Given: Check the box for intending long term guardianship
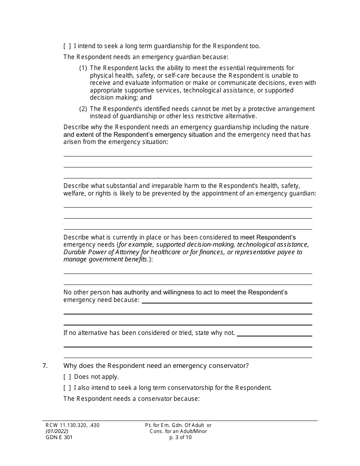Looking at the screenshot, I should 67,46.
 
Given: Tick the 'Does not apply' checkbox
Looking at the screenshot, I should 67,377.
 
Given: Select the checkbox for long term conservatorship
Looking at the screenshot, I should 67,388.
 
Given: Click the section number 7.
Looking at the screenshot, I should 45,366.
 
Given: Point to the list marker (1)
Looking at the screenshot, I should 83,68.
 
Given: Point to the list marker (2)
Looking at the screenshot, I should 83,109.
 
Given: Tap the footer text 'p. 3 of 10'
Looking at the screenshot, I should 181,437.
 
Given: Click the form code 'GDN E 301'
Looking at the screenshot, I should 57,437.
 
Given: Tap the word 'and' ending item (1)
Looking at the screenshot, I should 146,98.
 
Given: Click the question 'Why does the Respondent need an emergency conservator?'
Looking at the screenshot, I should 156,366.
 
